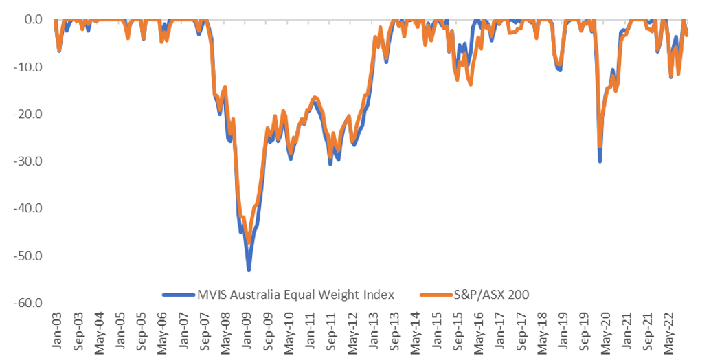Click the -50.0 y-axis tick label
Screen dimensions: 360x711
[x=27, y=256]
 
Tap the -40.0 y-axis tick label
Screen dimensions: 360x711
[x=27, y=208]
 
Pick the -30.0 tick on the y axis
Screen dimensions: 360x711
[x=27, y=161]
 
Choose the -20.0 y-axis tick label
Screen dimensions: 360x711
[x=27, y=114]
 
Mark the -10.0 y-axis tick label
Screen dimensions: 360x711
[x=27, y=67]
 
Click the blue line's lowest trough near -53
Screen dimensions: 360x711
[x=249, y=269]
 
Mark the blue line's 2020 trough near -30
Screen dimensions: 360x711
[x=600, y=161]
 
